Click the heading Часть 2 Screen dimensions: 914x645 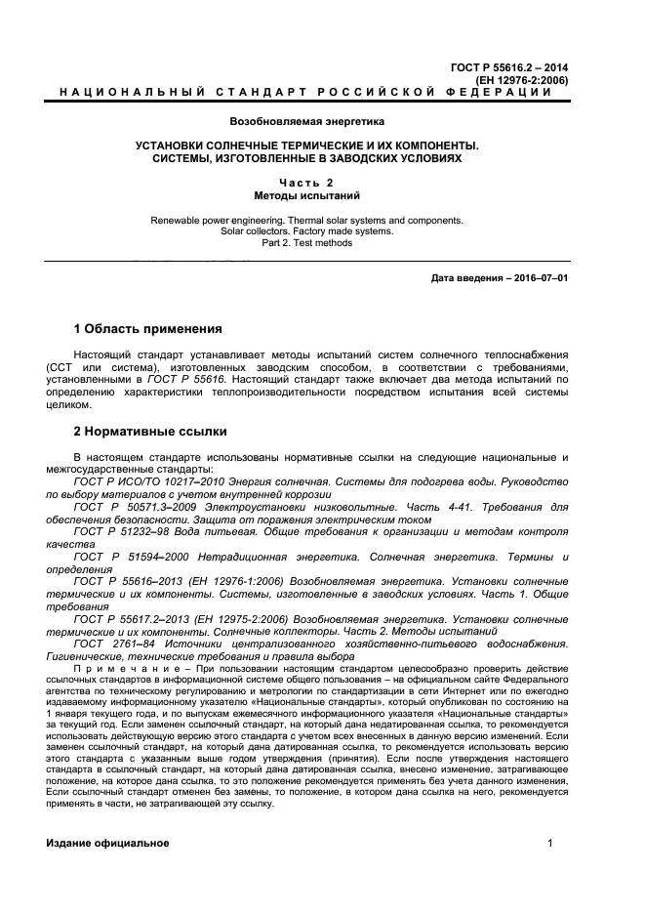307,183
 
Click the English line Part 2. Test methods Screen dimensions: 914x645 307,243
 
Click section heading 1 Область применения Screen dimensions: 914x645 148,328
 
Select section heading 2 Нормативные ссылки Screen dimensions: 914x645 151,431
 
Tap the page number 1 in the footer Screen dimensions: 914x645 550,843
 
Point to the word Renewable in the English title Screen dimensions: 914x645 176,220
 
